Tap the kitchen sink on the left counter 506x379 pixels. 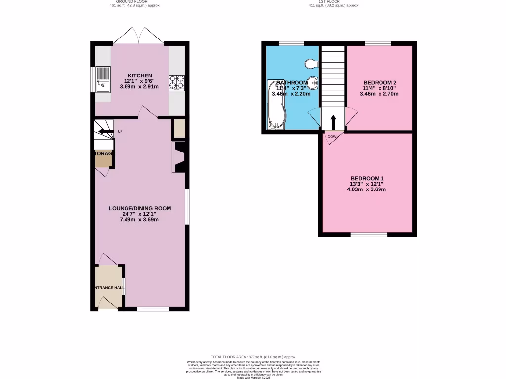click(x=103, y=80)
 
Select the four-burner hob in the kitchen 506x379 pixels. click(x=177, y=82)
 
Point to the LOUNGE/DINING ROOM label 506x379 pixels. click(x=140, y=208)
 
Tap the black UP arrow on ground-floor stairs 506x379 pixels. click(x=105, y=131)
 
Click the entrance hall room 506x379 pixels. click(x=108, y=287)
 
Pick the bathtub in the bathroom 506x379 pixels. click(x=275, y=105)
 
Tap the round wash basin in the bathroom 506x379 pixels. click(x=313, y=82)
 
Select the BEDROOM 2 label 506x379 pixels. click(x=379, y=82)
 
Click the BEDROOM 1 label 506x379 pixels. click(x=367, y=178)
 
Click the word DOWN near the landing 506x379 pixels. click(x=332, y=137)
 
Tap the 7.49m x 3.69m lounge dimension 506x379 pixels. click(x=140, y=220)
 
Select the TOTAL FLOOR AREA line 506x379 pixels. click(x=253, y=357)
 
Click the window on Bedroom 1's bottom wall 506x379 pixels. click(x=369, y=235)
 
